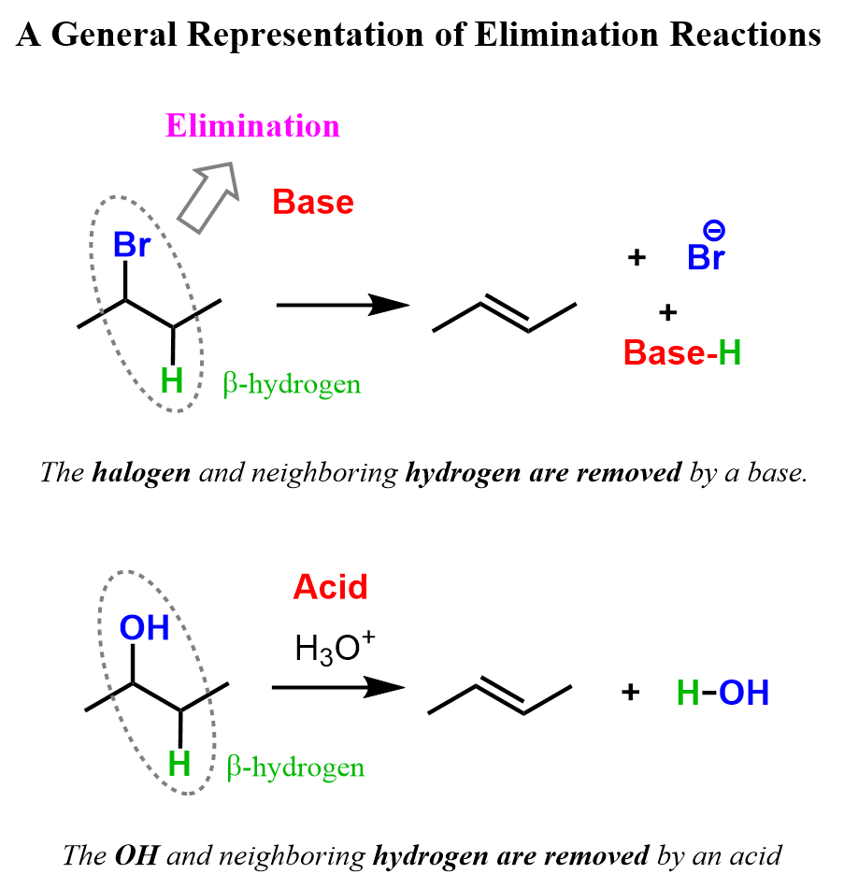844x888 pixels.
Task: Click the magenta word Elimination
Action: pyautogui.click(x=252, y=126)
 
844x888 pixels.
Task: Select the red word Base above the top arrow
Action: pyautogui.click(x=313, y=202)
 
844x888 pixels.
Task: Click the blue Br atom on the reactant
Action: pyautogui.click(x=131, y=246)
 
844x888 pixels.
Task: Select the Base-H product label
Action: pyautogui.click(x=682, y=353)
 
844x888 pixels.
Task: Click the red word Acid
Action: pyautogui.click(x=330, y=587)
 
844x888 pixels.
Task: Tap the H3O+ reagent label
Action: pyautogui.click(x=334, y=648)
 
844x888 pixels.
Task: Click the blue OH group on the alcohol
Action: pyautogui.click(x=144, y=628)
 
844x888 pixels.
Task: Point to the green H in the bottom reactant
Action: pyautogui.click(x=179, y=765)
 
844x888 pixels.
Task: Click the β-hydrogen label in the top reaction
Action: pyautogui.click(x=292, y=384)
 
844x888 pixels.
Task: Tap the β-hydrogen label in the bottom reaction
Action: pyautogui.click(x=295, y=768)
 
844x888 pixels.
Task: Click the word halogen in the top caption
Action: pyautogui.click(x=141, y=472)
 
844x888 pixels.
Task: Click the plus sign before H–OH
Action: pyautogui.click(x=631, y=693)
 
